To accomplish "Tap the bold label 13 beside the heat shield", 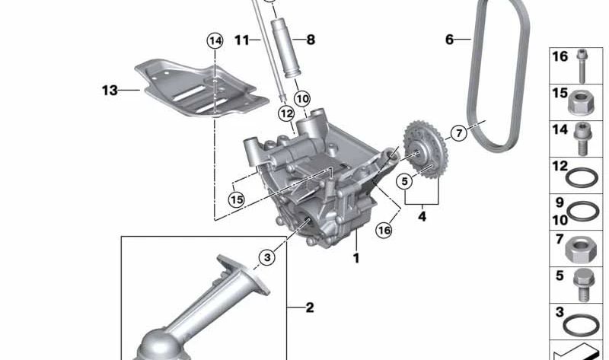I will [110, 91].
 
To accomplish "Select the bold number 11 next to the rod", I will [242, 40].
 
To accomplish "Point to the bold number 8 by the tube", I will [310, 40].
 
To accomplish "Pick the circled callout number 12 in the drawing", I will [285, 113].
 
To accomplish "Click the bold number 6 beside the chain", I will [449, 38].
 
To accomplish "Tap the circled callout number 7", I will [458, 134].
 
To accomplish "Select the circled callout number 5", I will [405, 180].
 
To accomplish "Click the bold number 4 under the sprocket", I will [422, 215].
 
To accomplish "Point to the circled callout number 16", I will [384, 228].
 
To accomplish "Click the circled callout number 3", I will [266, 259].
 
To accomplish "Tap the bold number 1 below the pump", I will [355, 259].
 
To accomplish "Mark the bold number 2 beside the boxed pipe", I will [309, 308].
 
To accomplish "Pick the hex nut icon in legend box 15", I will [583, 102].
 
